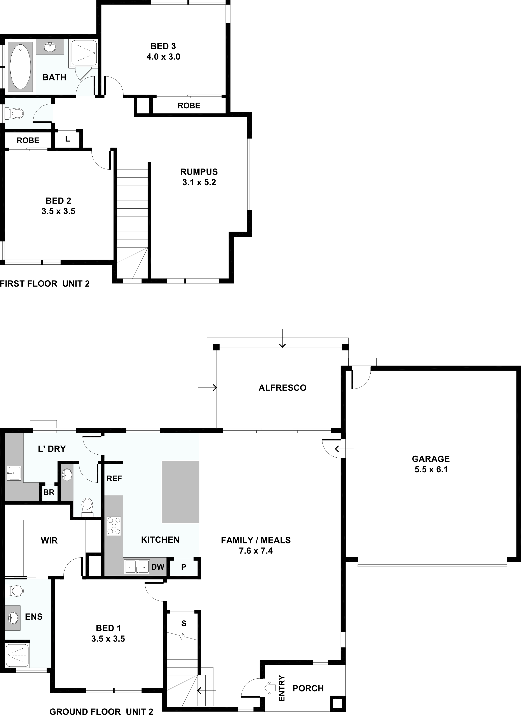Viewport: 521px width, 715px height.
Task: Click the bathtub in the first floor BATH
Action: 20,67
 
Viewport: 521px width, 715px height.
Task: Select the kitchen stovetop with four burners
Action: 114,526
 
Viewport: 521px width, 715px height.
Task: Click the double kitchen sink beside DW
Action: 136,567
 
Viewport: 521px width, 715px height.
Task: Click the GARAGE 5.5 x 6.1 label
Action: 431,464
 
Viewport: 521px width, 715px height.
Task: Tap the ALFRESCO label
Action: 282,388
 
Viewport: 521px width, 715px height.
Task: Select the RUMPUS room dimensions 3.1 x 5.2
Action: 199,182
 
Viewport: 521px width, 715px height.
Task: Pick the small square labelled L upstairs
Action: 67,139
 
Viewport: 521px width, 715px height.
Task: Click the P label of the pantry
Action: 184,567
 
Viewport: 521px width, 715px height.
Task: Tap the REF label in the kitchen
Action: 114,478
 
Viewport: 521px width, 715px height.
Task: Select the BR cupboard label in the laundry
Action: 49,492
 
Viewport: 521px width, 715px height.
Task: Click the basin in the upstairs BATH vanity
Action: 49,47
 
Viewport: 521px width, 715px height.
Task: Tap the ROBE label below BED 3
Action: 189,106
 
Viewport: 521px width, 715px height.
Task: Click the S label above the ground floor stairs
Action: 184,623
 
